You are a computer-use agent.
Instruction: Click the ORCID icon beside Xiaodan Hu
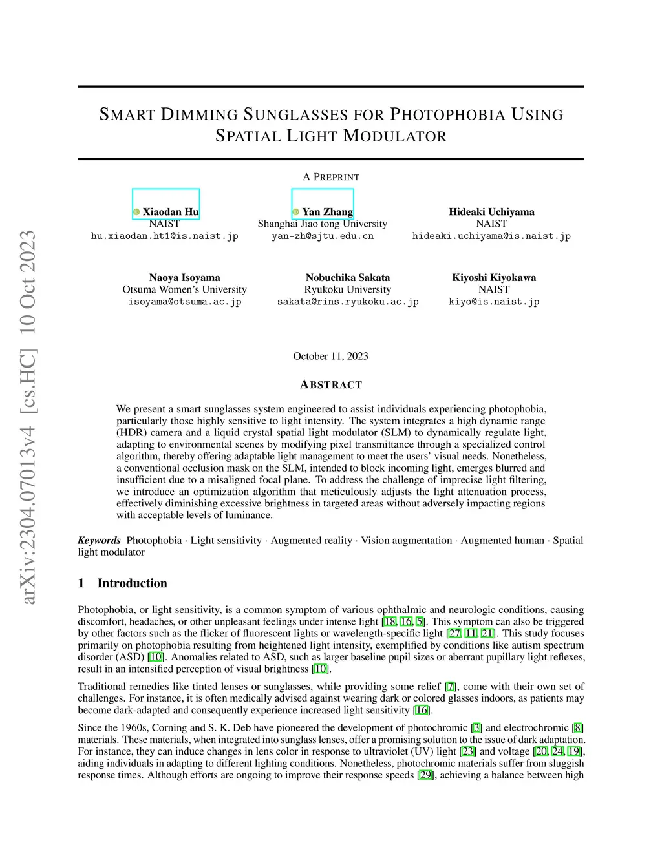(x=136, y=212)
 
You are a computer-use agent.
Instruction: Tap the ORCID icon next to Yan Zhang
(x=295, y=212)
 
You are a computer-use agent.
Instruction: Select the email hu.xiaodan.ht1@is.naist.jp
(x=164, y=236)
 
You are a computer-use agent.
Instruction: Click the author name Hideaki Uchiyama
(x=491, y=212)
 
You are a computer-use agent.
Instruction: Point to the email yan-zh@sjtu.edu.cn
(x=323, y=236)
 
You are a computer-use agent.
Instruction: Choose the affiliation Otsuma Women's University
(x=184, y=289)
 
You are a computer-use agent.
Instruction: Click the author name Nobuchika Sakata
(x=348, y=278)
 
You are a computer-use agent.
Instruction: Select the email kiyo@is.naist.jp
(x=494, y=302)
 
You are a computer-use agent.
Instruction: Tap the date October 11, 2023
(x=330, y=356)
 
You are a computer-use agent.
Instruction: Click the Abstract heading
(x=330, y=385)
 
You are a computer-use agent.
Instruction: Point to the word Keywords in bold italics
(x=99, y=540)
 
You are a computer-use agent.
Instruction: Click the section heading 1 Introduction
(x=122, y=583)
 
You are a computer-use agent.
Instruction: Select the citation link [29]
(x=425, y=775)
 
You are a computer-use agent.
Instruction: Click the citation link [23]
(x=467, y=751)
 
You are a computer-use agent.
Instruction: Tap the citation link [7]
(x=451, y=686)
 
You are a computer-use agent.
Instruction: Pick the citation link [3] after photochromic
(x=476, y=727)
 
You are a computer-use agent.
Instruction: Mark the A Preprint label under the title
(x=330, y=177)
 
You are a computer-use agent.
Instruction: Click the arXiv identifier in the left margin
(x=28, y=417)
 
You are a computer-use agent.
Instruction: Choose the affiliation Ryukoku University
(x=348, y=289)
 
